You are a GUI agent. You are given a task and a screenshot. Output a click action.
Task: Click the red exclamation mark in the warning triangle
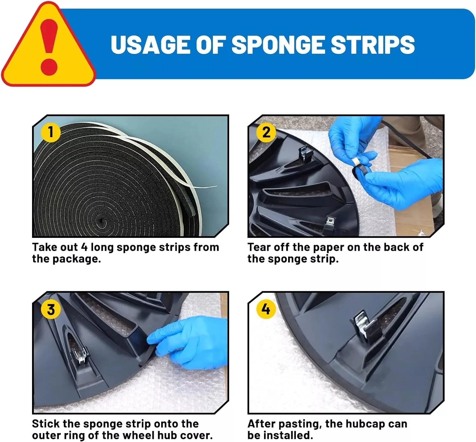point(49,47)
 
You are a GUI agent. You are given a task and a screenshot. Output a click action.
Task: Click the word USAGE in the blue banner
point(150,44)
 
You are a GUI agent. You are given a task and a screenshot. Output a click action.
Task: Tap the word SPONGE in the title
point(278,44)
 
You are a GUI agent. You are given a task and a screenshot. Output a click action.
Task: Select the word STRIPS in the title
point(373,44)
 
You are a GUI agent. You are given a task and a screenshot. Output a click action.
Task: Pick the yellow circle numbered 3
point(50,309)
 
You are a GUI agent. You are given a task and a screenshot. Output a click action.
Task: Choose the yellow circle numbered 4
point(266,309)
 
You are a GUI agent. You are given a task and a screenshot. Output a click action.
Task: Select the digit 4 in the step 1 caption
point(84,247)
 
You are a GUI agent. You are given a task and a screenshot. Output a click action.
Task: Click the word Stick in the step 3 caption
point(46,424)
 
